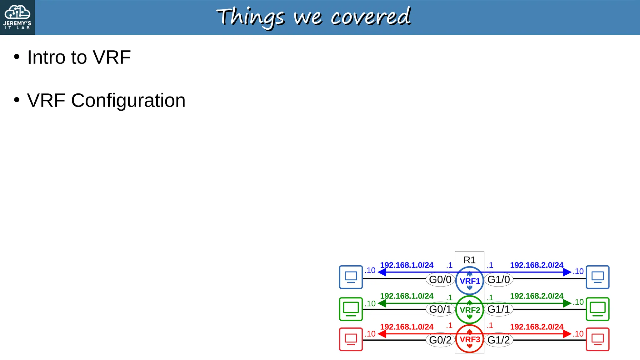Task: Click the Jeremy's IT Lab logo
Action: (17, 17)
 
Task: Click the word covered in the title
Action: (371, 17)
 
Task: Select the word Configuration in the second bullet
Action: (128, 101)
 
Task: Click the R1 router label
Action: (469, 260)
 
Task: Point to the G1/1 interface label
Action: (499, 309)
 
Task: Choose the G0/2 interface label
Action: (440, 340)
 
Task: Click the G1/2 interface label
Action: (499, 340)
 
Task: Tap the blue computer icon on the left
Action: (351, 277)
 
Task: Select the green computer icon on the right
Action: (597, 309)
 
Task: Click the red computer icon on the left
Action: (351, 339)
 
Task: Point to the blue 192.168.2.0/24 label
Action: (537, 265)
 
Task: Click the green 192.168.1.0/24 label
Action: (407, 296)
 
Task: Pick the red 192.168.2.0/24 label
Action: (537, 327)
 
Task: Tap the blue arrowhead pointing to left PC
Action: (382, 272)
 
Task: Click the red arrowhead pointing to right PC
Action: (567, 334)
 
